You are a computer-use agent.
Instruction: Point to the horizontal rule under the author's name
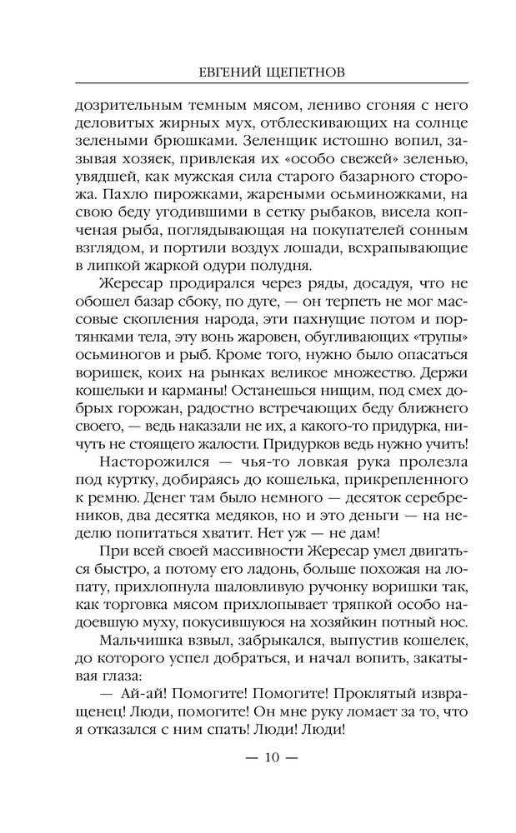click(x=258, y=85)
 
